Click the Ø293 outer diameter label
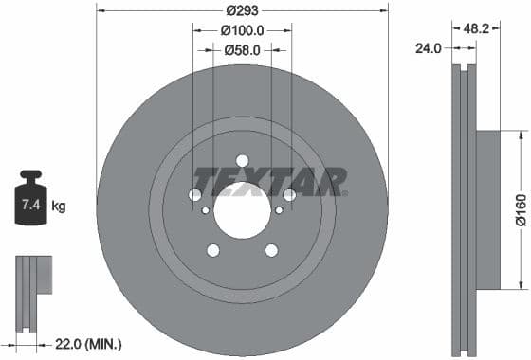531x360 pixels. [x=242, y=11]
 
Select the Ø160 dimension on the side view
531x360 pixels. [x=521, y=210]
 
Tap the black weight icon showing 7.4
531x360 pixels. [x=30, y=200]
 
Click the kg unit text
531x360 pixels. [x=59, y=206]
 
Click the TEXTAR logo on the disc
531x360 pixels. [x=269, y=181]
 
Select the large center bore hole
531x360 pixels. [x=242, y=209]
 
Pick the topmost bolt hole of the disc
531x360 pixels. [x=242, y=160]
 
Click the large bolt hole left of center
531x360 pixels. [x=195, y=194]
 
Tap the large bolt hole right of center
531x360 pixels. [x=289, y=194]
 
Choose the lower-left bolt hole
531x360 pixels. [x=213, y=250]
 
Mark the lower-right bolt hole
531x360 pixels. [x=271, y=250]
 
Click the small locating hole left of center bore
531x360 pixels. [x=205, y=210]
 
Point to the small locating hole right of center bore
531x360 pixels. [x=280, y=210]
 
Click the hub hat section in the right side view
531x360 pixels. [x=486, y=210]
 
